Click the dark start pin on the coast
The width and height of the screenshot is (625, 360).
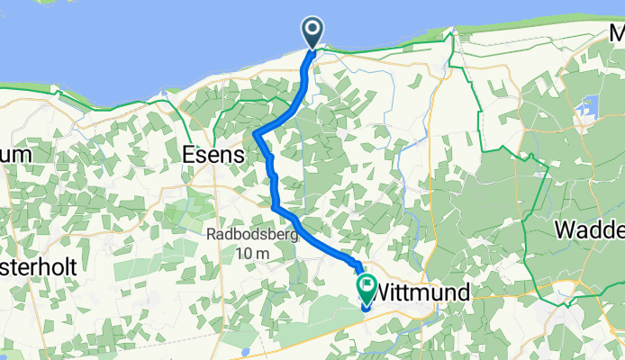(312, 32)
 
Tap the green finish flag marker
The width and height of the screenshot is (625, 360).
(367, 287)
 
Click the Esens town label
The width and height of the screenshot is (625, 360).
(213, 154)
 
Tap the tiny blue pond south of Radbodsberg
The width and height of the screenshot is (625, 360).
(244, 349)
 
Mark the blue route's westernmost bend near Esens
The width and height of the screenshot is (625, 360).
(256, 134)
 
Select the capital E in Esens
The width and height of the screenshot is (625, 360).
(190, 154)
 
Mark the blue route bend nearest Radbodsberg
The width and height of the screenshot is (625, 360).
(274, 207)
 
